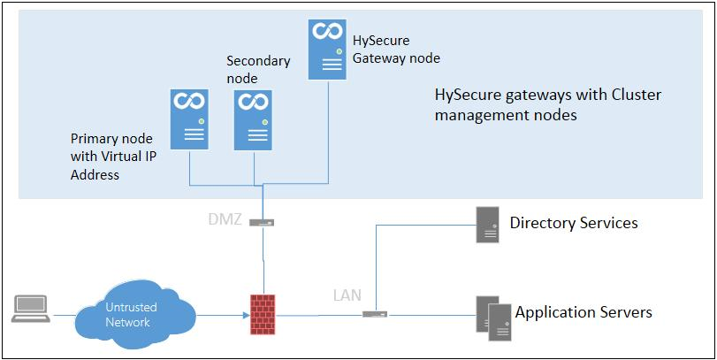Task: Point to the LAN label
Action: [347, 295]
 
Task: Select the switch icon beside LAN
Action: [374, 313]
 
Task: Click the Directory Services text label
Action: [573, 223]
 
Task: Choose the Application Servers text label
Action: [584, 312]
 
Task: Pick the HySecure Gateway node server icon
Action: [325, 50]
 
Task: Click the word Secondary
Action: [257, 61]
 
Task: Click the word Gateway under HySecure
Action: [380, 58]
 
